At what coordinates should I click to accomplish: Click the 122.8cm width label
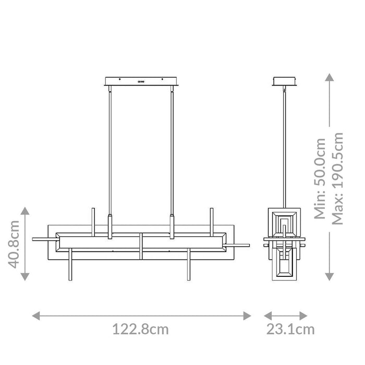[141, 330]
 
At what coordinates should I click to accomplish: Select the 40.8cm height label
[14, 244]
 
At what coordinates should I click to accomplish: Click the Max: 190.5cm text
[338, 177]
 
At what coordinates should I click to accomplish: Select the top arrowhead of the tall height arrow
[328, 78]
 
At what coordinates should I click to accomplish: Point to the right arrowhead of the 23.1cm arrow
[305, 315]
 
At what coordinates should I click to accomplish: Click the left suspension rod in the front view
[110, 151]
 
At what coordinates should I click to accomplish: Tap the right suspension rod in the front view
[172, 151]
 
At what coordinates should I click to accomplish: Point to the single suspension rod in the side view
[284, 151]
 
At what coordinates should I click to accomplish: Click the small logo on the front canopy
[141, 81]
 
